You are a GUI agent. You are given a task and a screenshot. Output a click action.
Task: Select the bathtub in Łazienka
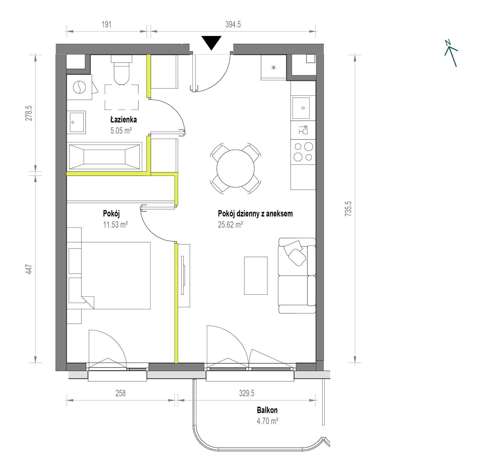pyautogui.click(x=104, y=156)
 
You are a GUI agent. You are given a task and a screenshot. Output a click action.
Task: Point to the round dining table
pyautogui.click(x=236, y=168)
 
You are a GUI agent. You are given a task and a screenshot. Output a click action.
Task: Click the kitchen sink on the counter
pyautogui.click(x=303, y=108)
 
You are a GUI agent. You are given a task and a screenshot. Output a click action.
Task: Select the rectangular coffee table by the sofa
pyautogui.click(x=256, y=275)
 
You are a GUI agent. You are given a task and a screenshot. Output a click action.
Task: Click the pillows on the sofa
pyautogui.click(x=295, y=253)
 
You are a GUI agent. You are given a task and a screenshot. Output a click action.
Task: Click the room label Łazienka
pyautogui.click(x=123, y=120)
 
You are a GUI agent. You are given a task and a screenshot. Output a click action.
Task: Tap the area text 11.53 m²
pyautogui.click(x=116, y=225)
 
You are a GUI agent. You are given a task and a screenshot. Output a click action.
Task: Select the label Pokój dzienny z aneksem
pyautogui.click(x=255, y=214)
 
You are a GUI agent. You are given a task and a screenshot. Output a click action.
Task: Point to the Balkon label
pyautogui.click(x=267, y=410)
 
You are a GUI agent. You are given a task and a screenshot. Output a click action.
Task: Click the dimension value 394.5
pyautogui.click(x=233, y=24)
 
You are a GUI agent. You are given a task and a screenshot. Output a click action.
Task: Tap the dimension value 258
pyautogui.click(x=120, y=393)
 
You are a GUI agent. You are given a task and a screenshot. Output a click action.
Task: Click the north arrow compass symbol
pyautogui.click(x=451, y=53)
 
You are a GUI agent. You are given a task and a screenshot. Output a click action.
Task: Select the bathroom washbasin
pyautogui.click(x=78, y=122)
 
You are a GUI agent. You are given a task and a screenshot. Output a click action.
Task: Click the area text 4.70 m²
pyautogui.click(x=267, y=421)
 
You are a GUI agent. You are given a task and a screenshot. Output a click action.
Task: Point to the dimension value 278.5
pyautogui.click(x=28, y=113)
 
